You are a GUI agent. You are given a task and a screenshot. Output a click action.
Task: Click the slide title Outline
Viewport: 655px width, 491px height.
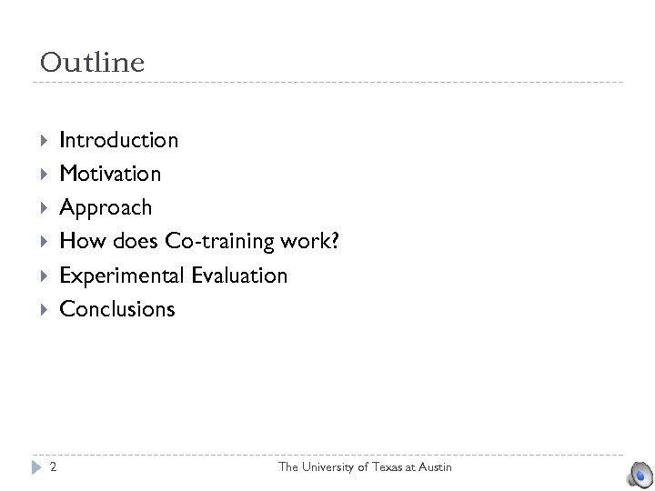(x=92, y=63)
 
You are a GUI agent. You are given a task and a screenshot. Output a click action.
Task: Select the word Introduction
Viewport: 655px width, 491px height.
(x=118, y=140)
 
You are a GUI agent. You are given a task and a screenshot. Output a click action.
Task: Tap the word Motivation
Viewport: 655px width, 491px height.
(x=110, y=174)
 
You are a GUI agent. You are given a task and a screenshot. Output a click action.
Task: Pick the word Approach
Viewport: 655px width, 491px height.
(x=106, y=208)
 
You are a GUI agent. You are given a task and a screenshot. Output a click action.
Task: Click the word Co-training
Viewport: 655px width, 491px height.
(x=219, y=241)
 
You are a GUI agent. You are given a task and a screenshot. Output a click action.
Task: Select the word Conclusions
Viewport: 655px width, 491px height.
(x=116, y=309)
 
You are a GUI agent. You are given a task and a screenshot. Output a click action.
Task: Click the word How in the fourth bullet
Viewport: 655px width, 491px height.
(x=77, y=241)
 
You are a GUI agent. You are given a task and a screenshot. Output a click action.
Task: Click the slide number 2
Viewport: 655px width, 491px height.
(x=54, y=467)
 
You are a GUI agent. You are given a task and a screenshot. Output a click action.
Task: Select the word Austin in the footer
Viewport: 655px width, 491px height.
(x=434, y=467)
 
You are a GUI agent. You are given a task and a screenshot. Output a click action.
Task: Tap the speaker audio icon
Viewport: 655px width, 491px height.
(x=639, y=474)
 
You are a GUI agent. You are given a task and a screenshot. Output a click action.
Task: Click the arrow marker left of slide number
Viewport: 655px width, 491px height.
(x=36, y=467)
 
